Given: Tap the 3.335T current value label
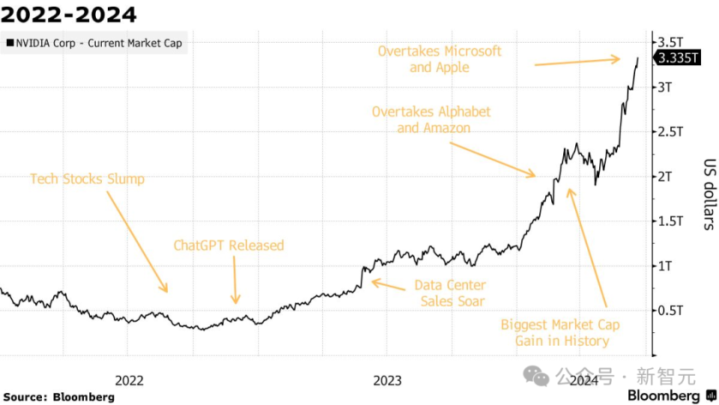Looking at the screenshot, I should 678,60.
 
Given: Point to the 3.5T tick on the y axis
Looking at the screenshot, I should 670,42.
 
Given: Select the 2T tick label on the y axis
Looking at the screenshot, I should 667,176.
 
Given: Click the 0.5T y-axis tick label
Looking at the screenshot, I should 670,310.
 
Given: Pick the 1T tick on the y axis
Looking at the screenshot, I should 667,265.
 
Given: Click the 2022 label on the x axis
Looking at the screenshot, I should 129,380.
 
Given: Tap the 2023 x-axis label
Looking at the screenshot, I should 387,380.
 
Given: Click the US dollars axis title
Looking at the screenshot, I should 708,193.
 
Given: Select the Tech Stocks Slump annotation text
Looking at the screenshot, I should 87,179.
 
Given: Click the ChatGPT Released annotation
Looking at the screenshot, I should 228,245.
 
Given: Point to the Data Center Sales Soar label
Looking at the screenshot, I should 451,293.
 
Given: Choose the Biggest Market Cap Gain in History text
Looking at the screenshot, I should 561,332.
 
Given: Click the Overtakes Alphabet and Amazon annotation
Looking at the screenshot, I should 431,119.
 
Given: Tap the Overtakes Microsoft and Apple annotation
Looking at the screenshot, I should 439,58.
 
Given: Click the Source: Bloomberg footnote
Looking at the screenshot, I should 58,397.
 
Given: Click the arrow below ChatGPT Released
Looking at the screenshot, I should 235,280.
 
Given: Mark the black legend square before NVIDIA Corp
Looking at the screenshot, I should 9,43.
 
